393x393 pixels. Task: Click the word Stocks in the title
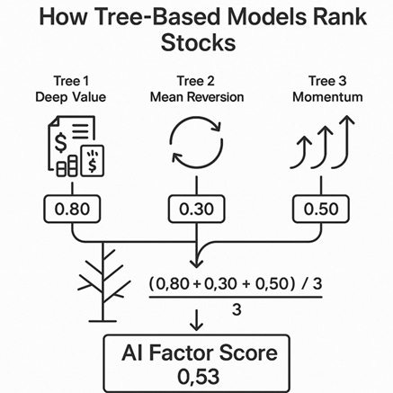198,43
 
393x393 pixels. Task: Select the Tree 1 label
71,81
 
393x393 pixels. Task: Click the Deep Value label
71,97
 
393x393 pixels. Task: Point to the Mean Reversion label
197,97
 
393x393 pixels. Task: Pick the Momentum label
327,97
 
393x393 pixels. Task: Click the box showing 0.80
72,209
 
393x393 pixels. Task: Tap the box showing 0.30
197,209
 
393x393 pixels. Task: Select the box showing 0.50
321,209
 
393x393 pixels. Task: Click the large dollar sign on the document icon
61,143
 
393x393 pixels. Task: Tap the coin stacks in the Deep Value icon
67,165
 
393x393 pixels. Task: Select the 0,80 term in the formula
173,283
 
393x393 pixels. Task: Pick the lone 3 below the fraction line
237,309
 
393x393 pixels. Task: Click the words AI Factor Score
200,353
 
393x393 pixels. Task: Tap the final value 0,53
198,376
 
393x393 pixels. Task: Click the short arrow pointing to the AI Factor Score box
197,320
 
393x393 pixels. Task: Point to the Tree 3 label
327,81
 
